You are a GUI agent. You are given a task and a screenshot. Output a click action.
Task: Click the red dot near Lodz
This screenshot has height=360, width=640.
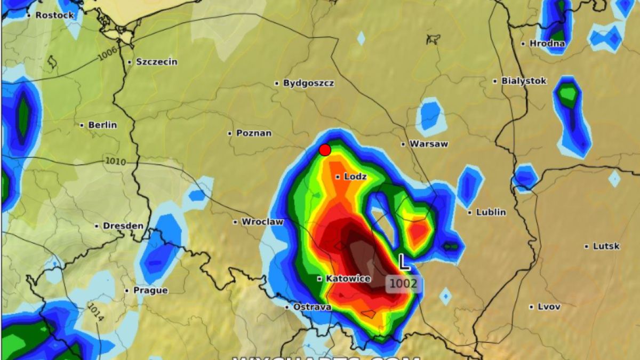[x=325, y=150]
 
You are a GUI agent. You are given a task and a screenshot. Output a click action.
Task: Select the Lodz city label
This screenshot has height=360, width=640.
[x=355, y=177]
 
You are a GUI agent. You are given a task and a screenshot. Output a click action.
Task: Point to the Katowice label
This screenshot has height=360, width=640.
[x=348, y=279]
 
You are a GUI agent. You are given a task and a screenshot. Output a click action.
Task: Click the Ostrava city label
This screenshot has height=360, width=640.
[x=311, y=307]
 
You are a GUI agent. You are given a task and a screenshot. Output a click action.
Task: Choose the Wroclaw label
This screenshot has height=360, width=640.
[x=262, y=222]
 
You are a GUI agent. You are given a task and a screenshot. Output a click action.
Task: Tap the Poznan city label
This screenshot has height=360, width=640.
[x=253, y=133]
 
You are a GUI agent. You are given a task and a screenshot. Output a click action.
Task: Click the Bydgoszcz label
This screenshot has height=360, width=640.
[x=308, y=83]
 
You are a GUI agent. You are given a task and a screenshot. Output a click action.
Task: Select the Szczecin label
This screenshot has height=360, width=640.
[x=156, y=62]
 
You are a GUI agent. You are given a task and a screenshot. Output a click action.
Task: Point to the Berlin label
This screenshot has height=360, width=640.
[x=102, y=125]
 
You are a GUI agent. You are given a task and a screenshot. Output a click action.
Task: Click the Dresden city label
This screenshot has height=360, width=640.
[x=123, y=226]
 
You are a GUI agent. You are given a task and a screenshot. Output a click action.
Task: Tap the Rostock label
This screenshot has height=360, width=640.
[x=54, y=15]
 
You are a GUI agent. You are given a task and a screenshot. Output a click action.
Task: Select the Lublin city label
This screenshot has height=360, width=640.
[x=490, y=212]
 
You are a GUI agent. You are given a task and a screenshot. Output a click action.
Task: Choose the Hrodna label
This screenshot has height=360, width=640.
[x=547, y=44]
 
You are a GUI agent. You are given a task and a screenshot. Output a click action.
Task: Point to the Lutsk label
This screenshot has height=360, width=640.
[x=605, y=246]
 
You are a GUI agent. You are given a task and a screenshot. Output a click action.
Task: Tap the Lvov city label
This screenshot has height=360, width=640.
[x=548, y=307]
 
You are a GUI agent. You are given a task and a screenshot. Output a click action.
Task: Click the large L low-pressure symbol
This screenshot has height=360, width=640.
[x=405, y=262]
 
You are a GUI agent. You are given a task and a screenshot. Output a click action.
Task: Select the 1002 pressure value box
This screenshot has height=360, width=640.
[x=403, y=284]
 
